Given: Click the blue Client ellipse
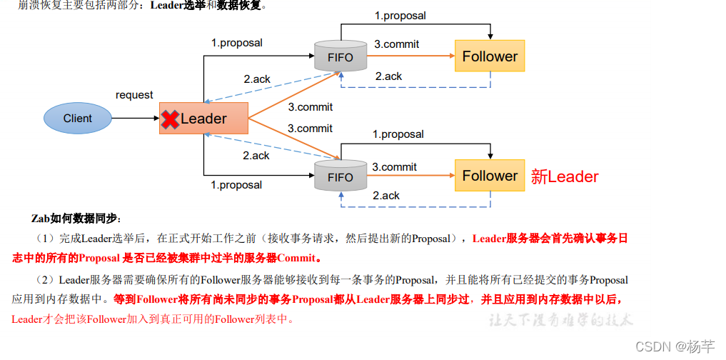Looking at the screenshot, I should point(78,119).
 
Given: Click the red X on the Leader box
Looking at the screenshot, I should point(170,119).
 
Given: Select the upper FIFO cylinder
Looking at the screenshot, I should point(341,56).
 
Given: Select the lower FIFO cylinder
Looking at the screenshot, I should point(341,176).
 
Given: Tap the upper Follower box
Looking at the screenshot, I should point(490,56).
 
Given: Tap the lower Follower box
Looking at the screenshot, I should point(490,175).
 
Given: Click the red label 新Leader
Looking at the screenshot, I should point(564,176).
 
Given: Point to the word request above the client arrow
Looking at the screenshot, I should point(134,95).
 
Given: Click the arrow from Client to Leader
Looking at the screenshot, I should point(136,119).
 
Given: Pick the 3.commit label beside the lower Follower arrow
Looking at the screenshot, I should point(394,167).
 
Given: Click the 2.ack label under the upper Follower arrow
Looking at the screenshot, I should point(388,76).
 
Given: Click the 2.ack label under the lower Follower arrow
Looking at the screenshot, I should point(386,196).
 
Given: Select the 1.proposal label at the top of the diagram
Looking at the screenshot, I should point(400,15).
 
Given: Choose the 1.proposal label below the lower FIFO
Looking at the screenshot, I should point(236,185).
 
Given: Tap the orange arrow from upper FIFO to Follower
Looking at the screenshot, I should point(411,56).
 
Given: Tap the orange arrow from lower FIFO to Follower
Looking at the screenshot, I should point(411,176).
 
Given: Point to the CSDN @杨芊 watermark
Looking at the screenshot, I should point(674,346).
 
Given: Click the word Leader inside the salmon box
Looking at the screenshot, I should point(203,119).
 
